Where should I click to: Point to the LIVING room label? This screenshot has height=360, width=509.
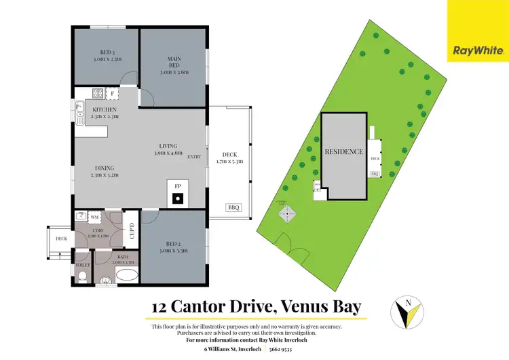(168, 146)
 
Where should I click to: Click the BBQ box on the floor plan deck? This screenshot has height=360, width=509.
(233, 206)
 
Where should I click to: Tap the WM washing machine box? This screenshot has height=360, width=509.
(96, 217)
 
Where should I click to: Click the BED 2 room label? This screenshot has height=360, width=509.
(173, 243)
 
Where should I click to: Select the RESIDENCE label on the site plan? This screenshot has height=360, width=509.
(343, 151)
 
